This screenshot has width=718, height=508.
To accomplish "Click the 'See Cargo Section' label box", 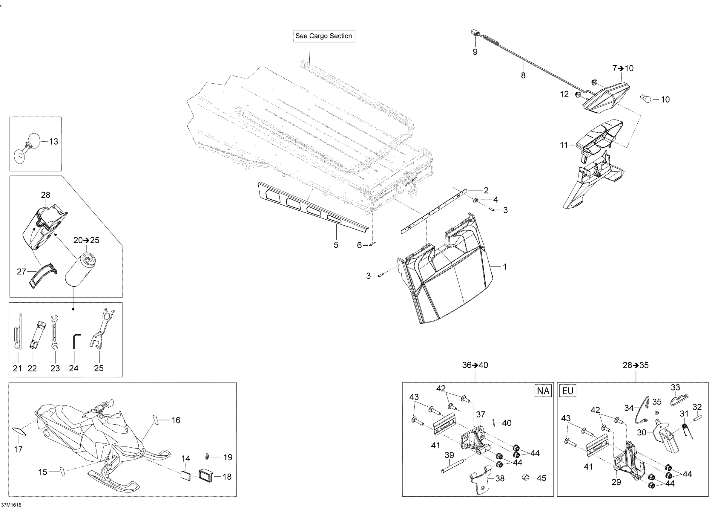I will click(324, 36).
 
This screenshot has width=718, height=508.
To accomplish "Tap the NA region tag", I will click(543, 391).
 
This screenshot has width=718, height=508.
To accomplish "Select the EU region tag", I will click(567, 391).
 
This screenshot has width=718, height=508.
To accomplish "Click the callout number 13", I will click(53, 142).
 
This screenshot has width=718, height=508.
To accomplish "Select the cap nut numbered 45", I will click(526, 477).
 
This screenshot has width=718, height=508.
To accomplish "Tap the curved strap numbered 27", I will click(44, 273).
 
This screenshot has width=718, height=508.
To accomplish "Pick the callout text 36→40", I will click(475, 365).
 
